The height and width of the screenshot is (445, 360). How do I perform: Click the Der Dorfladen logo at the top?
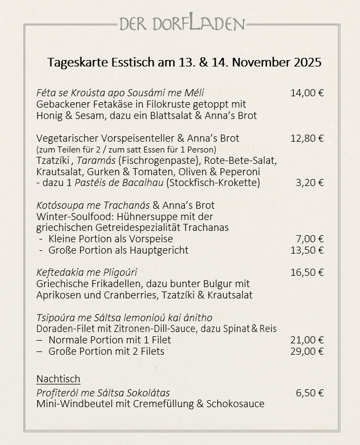coord(182,24)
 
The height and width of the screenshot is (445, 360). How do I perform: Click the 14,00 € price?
coord(306,92)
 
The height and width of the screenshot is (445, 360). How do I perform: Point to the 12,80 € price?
coord(306,138)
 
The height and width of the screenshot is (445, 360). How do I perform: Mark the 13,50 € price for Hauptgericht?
coord(306,250)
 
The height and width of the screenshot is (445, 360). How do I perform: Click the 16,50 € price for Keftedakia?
coord(306,272)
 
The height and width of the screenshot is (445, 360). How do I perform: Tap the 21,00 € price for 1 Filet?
coord(306,340)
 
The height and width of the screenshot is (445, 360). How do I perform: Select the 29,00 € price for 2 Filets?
coord(306,351)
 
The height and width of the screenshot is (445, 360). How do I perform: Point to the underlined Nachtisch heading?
coord(58,378)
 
